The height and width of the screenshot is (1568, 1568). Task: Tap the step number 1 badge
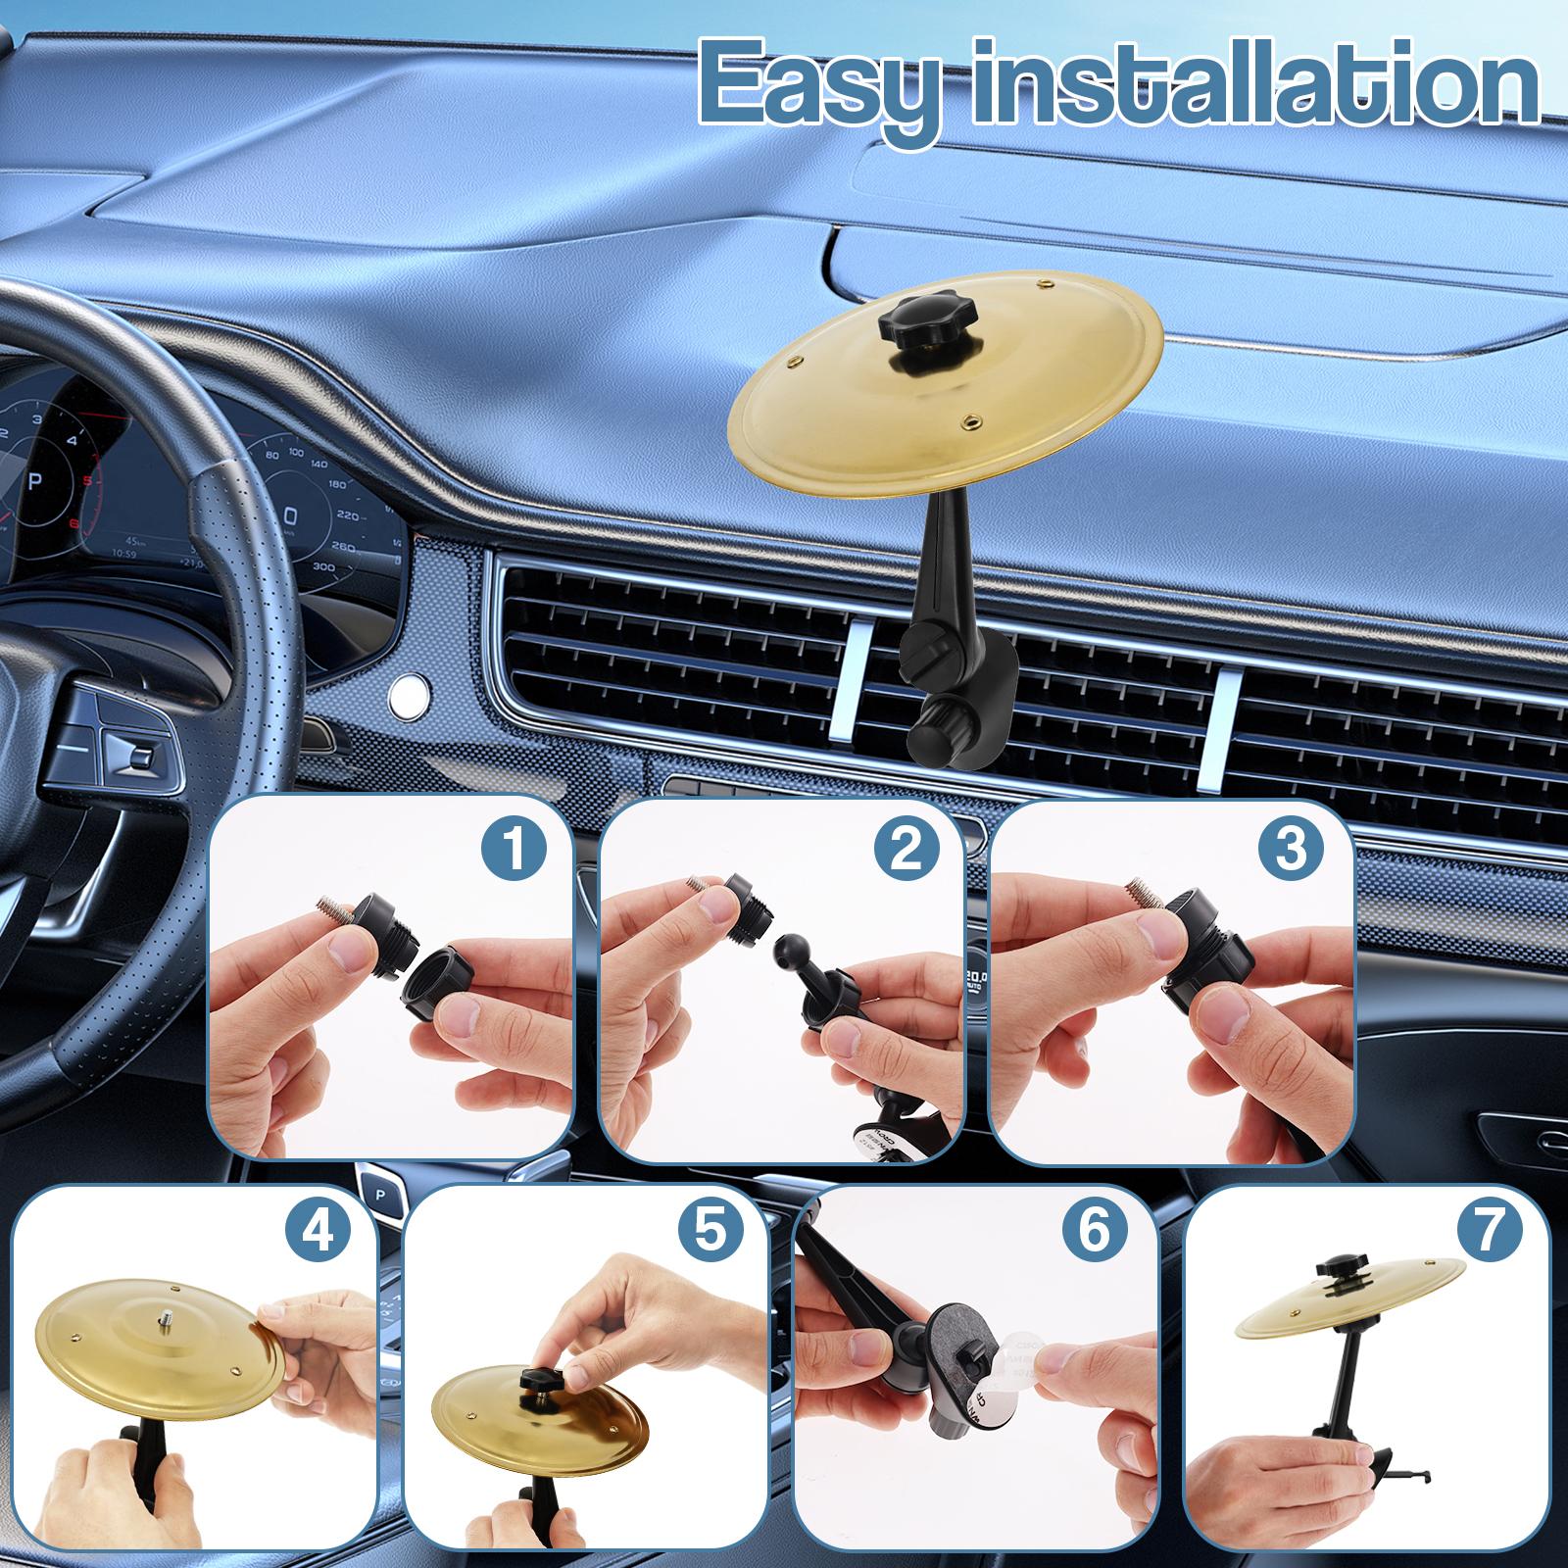pyautogui.click(x=514, y=849)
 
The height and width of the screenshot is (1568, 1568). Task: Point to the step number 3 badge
pyautogui.click(x=1292, y=849)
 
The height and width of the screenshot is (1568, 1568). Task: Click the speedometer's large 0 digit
pyautogui.click(x=290, y=516)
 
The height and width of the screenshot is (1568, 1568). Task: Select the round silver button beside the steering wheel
pyautogui.click(x=407, y=693)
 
